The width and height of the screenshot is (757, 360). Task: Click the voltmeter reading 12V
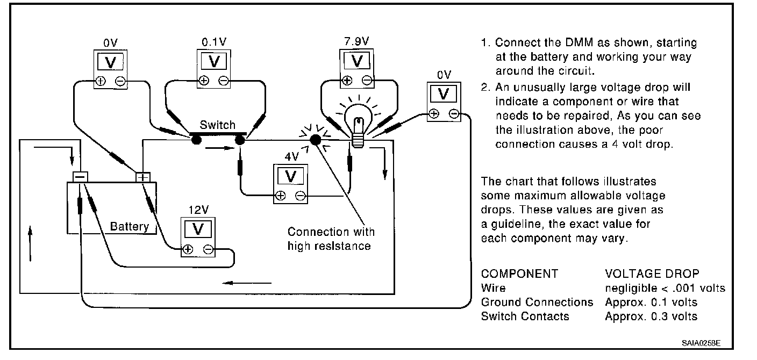[198, 236]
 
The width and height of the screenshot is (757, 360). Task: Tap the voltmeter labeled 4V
[291, 183]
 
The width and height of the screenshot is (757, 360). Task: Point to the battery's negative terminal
[80, 177]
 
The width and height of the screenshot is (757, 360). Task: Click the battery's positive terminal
[142, 177]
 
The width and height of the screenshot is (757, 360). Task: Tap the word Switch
[218, 125]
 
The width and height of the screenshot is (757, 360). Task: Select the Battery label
[129, 226]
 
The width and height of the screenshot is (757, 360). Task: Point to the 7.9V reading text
[356, 41]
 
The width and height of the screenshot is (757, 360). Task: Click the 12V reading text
[198, 209]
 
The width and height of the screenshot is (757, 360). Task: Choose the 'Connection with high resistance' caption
[331, 239]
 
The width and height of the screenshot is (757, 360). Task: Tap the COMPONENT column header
[519, 273]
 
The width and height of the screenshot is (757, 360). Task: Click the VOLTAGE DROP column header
[652, 273]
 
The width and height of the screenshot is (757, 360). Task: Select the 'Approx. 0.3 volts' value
[651, 316]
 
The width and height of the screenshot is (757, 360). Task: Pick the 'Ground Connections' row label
[537, 303]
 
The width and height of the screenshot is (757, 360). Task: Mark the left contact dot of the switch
[196, 140]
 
